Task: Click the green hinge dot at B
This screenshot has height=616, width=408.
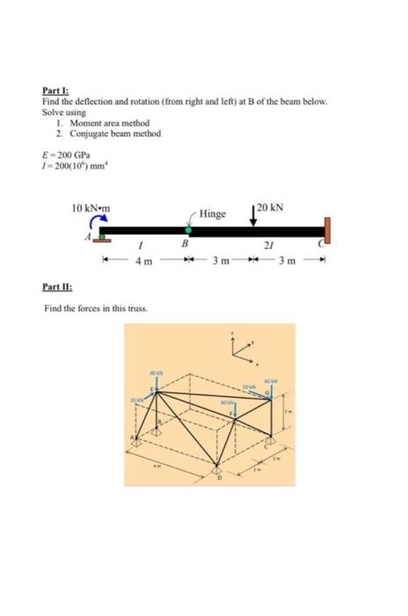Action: [x=187, y=231]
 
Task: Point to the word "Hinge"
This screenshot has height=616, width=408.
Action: [x=212, y=214]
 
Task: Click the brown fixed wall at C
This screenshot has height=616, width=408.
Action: [x=328, y=230]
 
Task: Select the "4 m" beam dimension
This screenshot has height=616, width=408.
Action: [x=145, y=261]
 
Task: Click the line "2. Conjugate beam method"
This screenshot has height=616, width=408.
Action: [x=97, y=133]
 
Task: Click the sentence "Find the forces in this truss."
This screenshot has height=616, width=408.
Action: [x=96, y=308]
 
